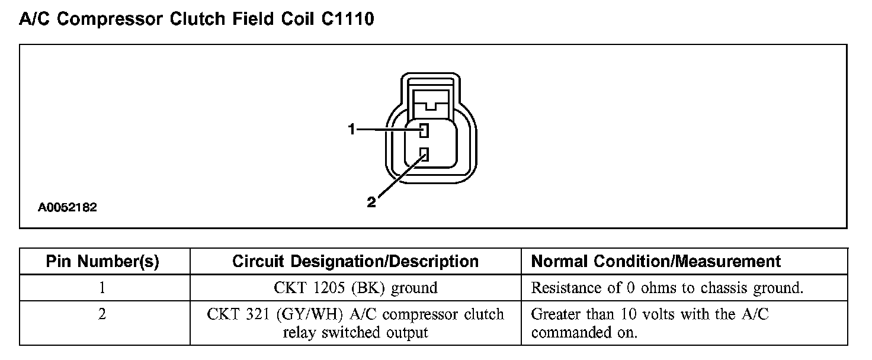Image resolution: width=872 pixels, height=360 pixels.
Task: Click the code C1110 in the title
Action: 348,19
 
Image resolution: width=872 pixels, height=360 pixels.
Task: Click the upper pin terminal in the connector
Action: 424,130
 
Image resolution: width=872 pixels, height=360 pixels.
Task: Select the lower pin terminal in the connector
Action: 424,155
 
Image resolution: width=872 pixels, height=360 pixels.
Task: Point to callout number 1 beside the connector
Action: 351,129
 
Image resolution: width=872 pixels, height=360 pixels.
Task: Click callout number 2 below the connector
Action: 371,202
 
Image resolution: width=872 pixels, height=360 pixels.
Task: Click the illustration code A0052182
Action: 68,208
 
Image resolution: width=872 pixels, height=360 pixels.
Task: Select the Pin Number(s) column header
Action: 102,261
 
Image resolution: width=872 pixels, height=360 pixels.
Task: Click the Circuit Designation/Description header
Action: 355,261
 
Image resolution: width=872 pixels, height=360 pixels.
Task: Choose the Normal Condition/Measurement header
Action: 656,261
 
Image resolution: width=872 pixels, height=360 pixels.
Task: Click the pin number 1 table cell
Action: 102,288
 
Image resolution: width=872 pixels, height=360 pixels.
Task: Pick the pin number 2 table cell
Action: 102,314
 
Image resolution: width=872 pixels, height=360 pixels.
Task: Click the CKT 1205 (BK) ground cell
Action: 355,288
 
